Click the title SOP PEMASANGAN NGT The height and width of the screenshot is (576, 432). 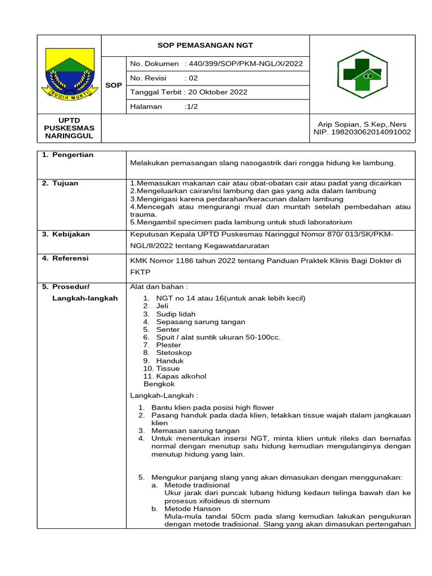pos(205,46)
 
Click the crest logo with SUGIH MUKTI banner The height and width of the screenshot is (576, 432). pos(69,74)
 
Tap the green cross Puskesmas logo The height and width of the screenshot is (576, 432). pos(362,74)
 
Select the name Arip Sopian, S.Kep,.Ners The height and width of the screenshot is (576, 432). pos(362,124)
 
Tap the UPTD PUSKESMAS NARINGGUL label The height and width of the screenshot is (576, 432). pos(69,128)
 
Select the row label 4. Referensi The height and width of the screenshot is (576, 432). pos(65,258)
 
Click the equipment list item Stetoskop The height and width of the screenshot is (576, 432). pos(174,353)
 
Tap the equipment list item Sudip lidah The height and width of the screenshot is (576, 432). pos(175,314)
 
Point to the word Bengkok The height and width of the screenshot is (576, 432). pos(159,384)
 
